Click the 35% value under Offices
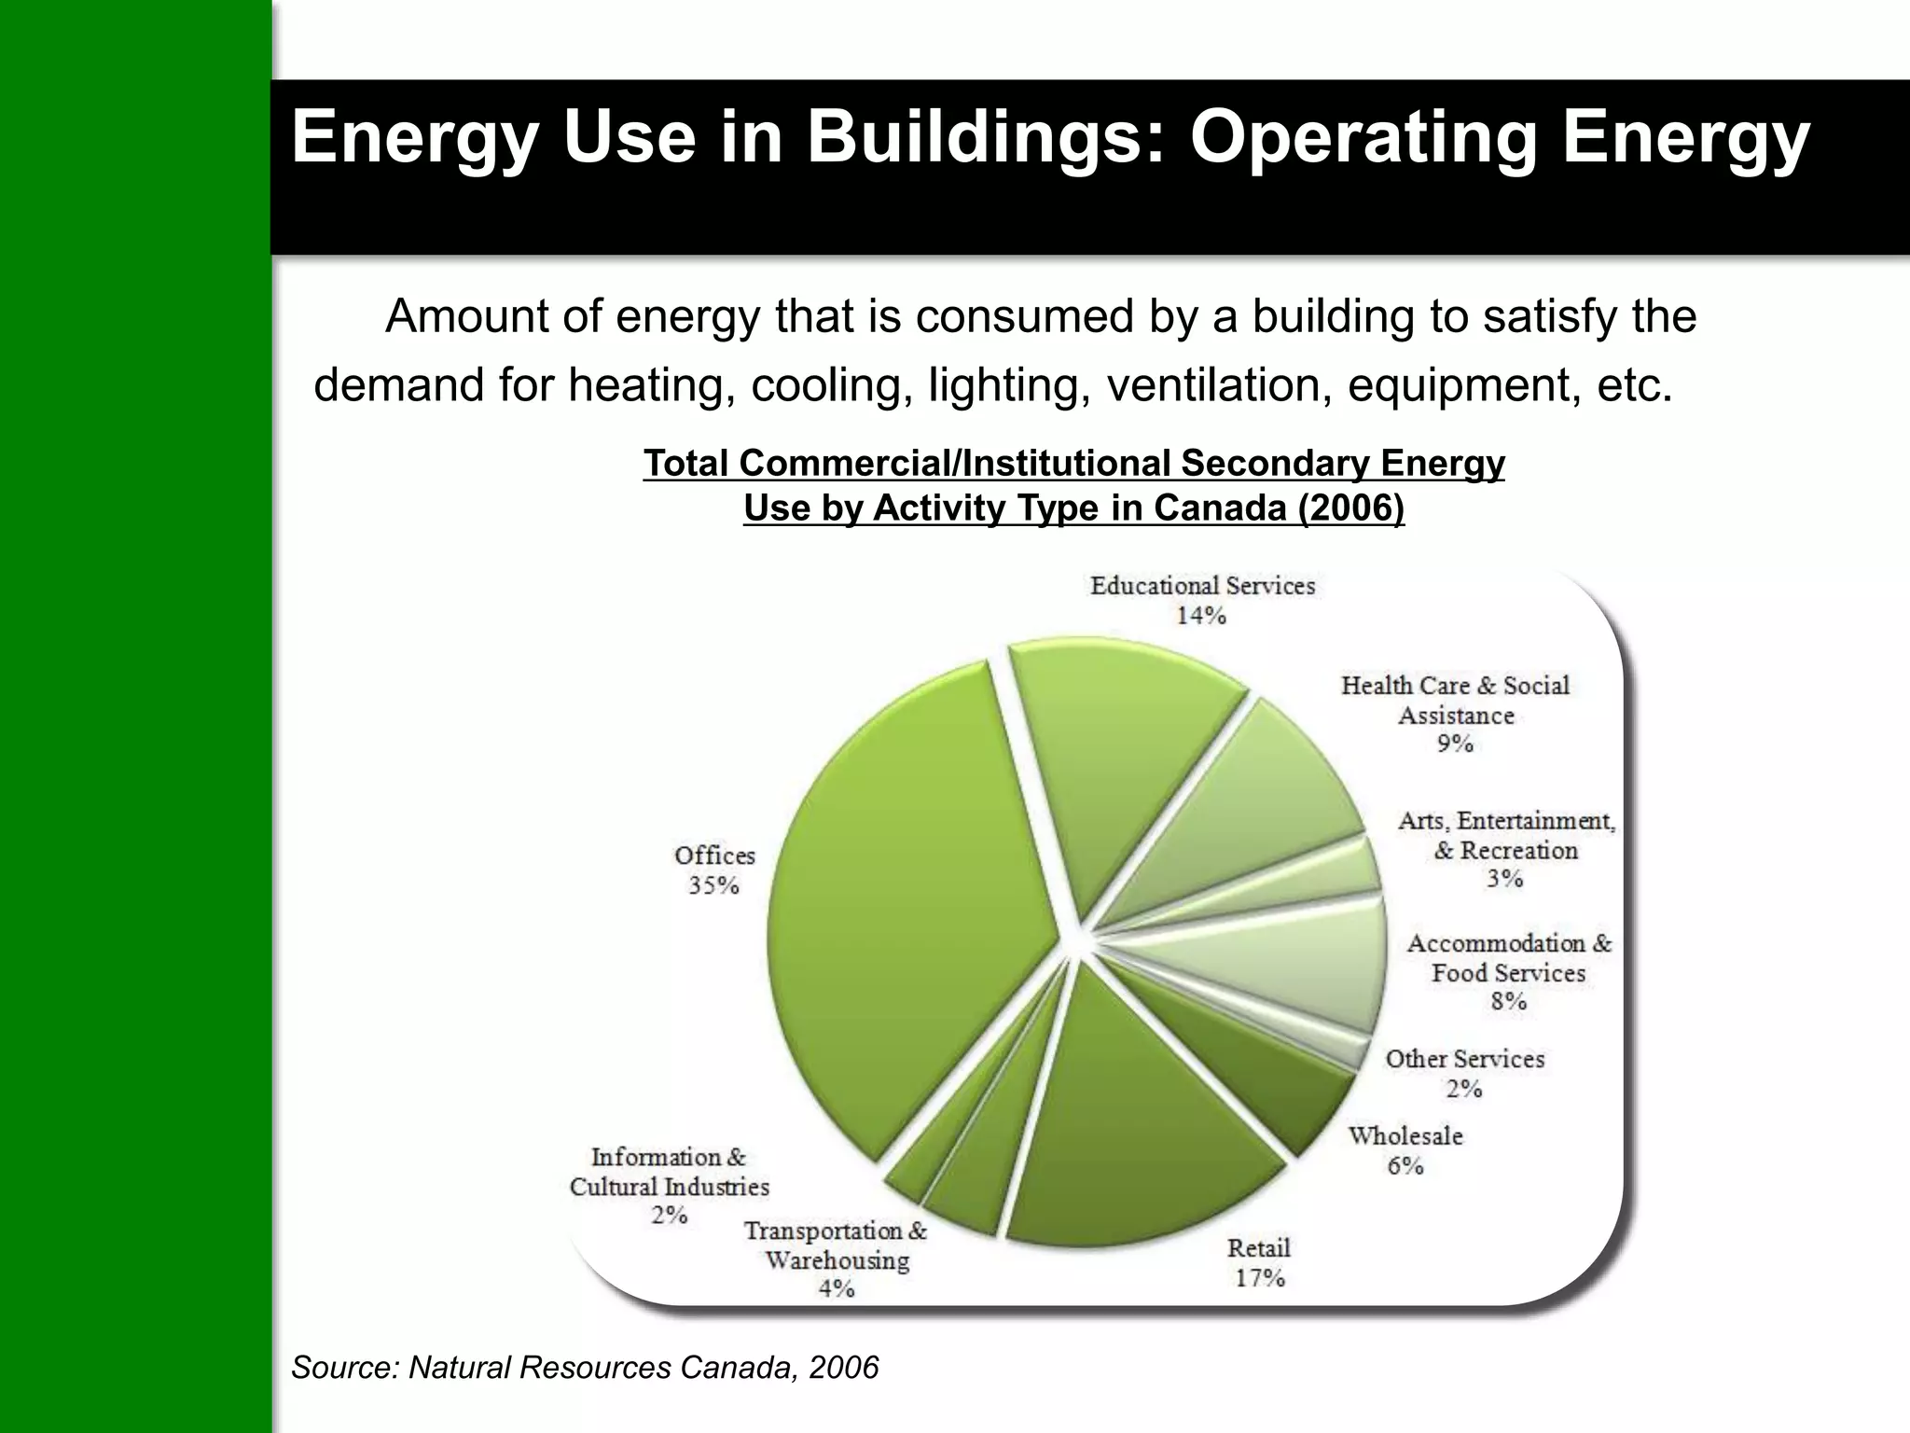(713, 885)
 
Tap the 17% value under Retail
(1259, 1278)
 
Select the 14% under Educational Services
(1200, 616)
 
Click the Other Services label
(1464, 1060)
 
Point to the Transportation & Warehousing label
(836, 1245)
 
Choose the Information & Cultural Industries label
(669, 1172)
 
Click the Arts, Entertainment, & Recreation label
(1505, 836)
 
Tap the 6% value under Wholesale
(1405, 1166)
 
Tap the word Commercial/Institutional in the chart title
(958, 464)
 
